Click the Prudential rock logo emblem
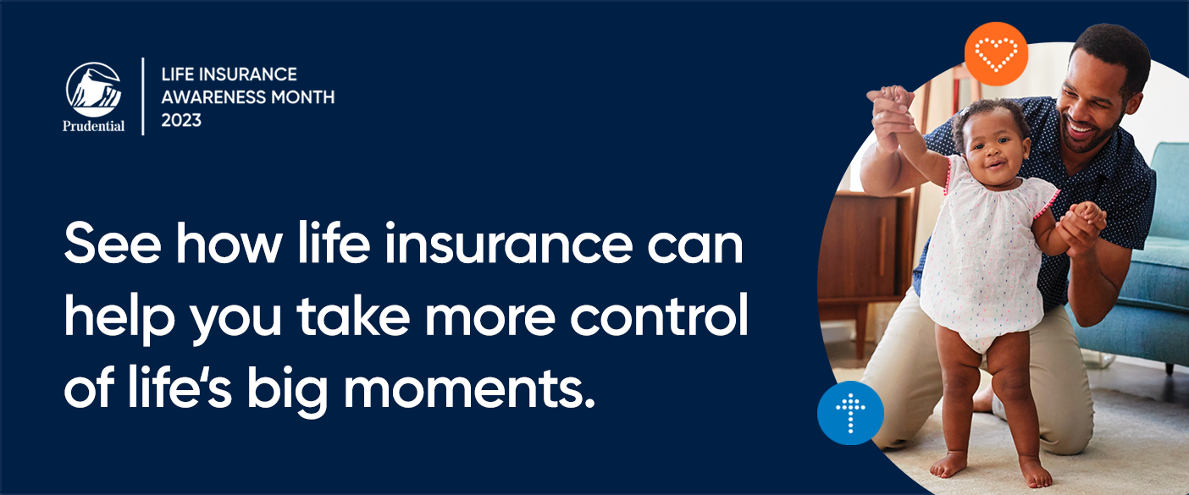[93, 90]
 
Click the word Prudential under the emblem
[93, 127]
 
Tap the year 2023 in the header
[181, 119]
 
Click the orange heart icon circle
[996, 54]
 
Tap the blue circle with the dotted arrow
[850, 413]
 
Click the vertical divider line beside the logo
[143, 96]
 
